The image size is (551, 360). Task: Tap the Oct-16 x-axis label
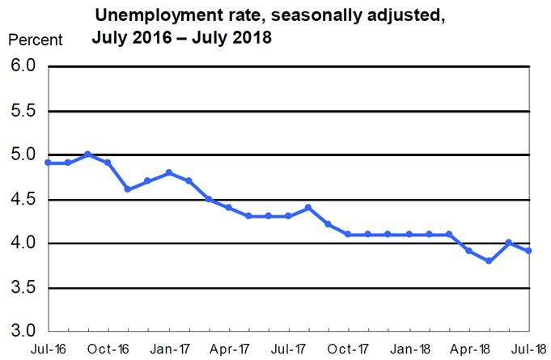point(108,349)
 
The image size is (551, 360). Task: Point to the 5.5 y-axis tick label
point(23,111)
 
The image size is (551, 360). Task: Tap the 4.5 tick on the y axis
point(23,199)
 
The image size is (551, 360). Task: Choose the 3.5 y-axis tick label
point(23,288)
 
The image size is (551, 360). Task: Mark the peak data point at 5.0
point(87,155)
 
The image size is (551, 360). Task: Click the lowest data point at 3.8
point(489,260)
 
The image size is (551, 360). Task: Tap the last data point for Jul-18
point(529,251)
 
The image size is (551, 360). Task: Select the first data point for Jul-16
point(48,163)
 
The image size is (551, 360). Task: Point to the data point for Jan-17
point(168,172)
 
